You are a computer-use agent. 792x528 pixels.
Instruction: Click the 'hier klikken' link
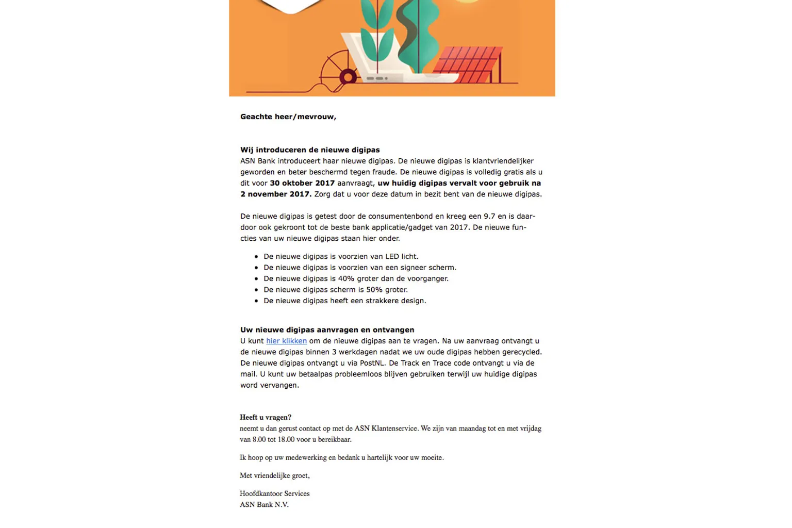286,341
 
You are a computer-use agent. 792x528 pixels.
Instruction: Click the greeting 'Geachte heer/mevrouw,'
288,117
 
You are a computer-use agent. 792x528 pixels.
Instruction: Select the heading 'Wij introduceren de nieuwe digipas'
310,150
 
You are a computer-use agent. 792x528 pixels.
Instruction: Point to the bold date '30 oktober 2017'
302,183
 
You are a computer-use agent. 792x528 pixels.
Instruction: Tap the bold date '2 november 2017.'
276,194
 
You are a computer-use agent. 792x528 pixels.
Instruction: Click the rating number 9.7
489,217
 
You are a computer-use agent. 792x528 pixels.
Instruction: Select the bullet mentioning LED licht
341,257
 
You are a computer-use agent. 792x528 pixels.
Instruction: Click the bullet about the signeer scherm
360,268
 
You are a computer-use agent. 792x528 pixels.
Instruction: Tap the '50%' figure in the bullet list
374,290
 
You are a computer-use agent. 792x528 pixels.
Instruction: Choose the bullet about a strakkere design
344,301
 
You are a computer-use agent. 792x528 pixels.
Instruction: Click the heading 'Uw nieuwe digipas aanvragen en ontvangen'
327,330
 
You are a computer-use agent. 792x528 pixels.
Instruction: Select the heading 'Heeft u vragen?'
266,417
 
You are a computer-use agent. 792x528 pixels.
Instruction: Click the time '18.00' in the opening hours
286,440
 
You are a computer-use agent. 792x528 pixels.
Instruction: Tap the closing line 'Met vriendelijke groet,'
275,475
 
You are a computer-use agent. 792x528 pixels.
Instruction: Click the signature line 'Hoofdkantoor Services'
275,493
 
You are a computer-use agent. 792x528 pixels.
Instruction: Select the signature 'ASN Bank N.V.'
264,505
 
